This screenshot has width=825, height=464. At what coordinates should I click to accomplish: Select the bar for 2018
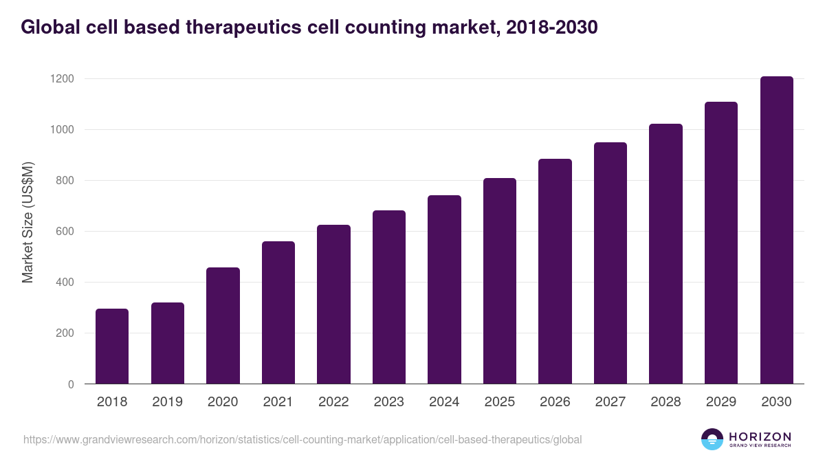pos(112,346)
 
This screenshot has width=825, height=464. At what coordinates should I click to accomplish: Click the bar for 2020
pos(223,326)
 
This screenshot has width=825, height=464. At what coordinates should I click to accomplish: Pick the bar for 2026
pos(555,272)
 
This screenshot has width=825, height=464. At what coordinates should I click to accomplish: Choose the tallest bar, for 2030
pos(776,230)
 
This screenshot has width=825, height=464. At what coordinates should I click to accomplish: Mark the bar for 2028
pos(665,254)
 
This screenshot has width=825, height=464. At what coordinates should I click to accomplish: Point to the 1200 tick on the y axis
pos(61,79)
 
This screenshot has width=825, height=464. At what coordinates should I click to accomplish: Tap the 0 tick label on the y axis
pos(71,384)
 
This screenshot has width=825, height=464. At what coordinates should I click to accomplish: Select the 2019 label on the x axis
pos(167,402)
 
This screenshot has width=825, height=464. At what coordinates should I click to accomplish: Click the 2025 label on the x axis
pos(499,402)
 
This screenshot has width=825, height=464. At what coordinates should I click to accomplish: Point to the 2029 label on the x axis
pos(720,402)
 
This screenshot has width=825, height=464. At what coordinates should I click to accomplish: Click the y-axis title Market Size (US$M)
pos(28,223)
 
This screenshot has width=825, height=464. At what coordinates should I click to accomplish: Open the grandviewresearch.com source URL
pos(302,439)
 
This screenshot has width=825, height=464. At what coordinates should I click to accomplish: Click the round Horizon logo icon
pos(712,439)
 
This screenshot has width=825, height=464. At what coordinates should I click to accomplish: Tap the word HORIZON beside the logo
pos(760,436)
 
